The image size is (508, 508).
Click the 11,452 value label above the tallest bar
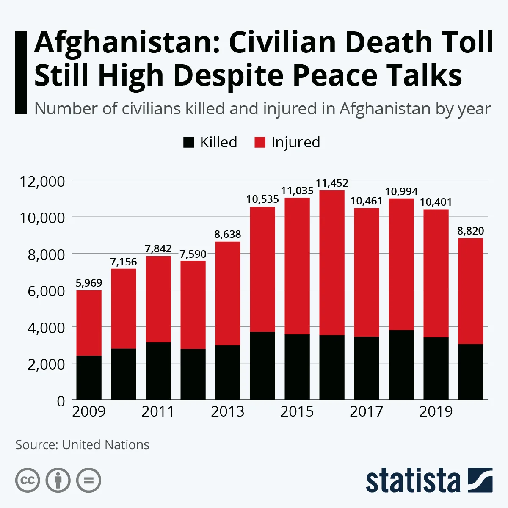coord(332,183)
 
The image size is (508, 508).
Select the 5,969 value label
coord(89,283)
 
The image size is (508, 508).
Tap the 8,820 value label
coord(470,231)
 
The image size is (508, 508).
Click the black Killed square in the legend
coord(188,142)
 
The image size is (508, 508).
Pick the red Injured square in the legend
coord(260,142)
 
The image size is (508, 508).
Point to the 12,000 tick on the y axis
coord(42,181)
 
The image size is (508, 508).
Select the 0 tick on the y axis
coord(61,400)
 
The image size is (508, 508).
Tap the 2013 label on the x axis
coord(227,411)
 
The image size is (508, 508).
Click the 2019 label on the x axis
coord(436,411)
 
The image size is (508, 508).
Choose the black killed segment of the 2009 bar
coord(89,378)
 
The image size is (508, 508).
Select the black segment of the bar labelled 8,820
coord(470,372)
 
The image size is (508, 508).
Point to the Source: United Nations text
coord(82,445)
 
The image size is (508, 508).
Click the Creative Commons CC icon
coord(28,480)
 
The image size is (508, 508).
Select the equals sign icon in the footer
coord(88,480)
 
